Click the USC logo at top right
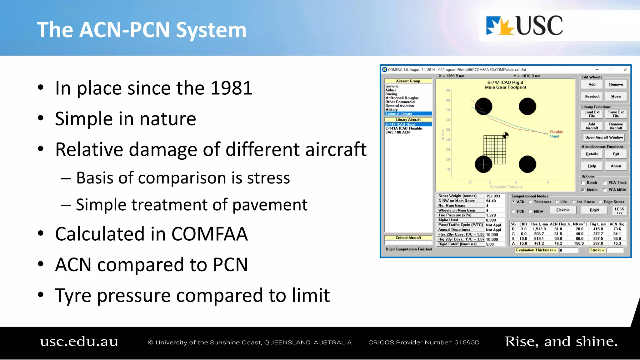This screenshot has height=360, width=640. (x=524, y=26)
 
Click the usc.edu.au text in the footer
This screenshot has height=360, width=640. (x=79, y=342)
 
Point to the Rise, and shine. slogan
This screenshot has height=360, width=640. (x=561, y=342)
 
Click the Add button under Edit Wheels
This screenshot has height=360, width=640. (x=592, y=85)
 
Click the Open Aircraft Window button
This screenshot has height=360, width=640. (x=604, y=137)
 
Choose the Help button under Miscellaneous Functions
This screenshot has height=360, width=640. (x=592, y=166)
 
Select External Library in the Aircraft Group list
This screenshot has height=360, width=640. (x=399, y=114)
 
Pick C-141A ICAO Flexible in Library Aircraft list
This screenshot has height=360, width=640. (x=403, y=128)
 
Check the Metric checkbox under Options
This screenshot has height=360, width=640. (x=583, y=190)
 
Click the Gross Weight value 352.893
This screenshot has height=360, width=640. (x=493, y=196)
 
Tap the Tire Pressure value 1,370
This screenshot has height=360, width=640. (x=491, y=215)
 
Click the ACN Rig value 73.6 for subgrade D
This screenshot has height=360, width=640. (x=617, y=229)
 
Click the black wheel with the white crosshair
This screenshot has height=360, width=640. (x=483, y=164)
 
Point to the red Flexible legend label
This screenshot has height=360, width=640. (x=556, y=132)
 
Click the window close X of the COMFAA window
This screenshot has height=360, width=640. (x=625, y=70)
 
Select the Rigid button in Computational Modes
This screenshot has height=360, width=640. (x=594, y=210)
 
